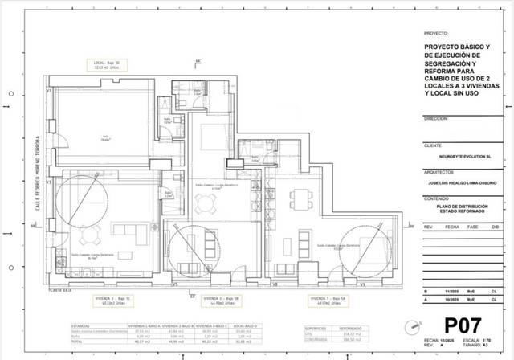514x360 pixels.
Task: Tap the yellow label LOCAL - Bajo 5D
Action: tap(108, 63)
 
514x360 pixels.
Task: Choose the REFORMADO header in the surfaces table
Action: tap(352, 328)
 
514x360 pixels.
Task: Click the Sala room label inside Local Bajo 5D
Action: tap(104, 137)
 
